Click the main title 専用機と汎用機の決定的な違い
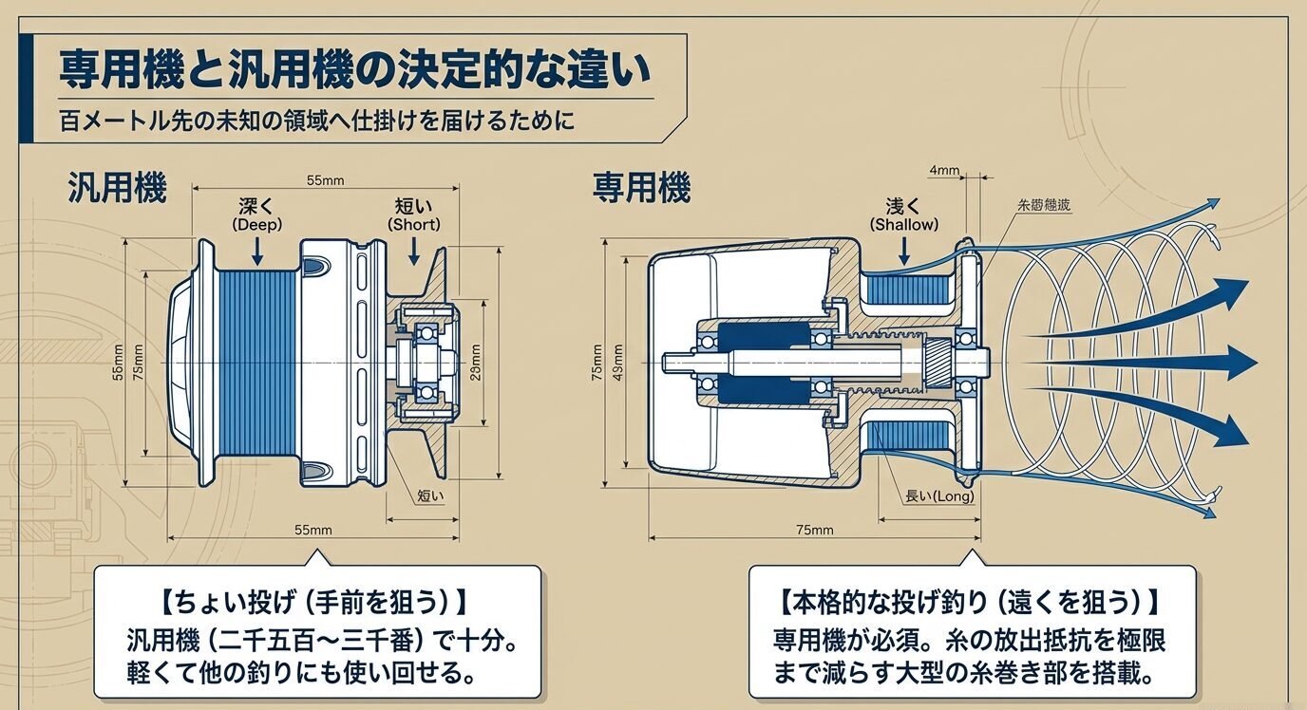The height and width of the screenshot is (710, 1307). click(355, 68)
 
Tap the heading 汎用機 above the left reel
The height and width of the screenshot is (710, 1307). click(117, 189)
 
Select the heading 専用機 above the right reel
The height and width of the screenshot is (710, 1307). click(641, 189)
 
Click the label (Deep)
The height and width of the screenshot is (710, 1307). click(257, 224)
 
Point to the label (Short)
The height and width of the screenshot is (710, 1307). click(414, 224)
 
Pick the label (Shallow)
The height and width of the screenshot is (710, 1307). click(904, 224)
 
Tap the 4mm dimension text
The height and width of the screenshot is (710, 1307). click(944, 172)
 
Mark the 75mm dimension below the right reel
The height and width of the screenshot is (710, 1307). click(813, 530)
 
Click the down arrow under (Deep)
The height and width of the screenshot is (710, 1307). click(257, 250)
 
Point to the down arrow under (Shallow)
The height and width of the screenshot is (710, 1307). click(904, 250)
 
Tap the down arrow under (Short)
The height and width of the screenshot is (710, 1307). click(414, 250)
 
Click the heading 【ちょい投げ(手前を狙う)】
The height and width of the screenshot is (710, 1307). click(316, 601)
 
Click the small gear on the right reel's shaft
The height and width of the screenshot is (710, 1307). click(937, 362)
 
